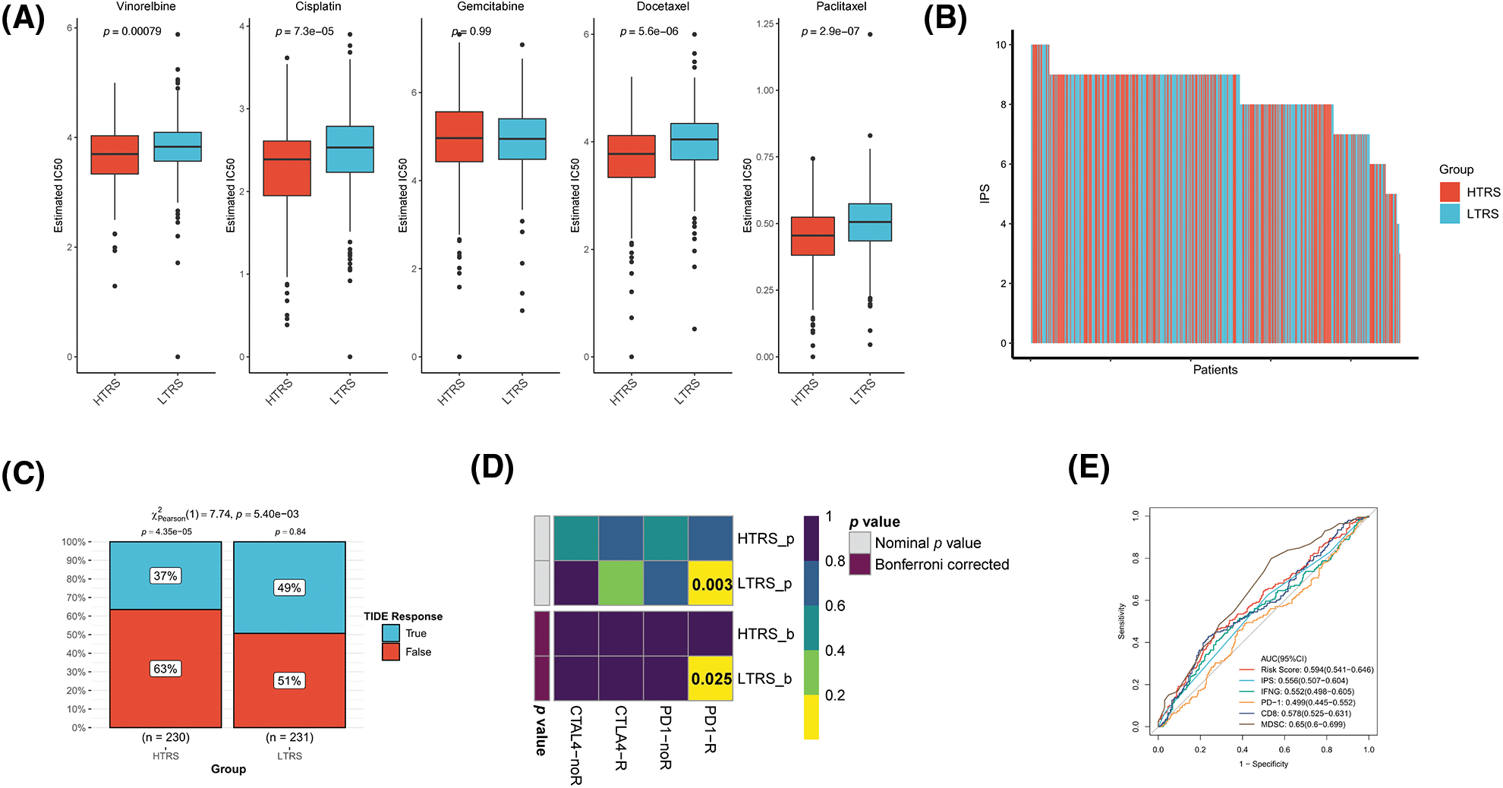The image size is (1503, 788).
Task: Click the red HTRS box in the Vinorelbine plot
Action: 115,155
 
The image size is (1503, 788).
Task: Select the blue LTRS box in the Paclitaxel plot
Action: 870,222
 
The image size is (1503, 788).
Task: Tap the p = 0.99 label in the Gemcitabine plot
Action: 471,32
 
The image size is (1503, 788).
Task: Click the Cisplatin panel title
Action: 318,7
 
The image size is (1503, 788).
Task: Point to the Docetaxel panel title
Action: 663,7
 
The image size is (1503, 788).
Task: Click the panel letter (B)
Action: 945,18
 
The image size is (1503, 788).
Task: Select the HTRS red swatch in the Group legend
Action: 1450,192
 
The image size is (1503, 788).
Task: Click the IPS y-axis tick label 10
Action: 1001,45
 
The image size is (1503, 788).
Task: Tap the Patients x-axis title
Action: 1215,370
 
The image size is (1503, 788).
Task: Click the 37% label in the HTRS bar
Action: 165,576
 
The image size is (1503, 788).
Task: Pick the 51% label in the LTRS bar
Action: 289,681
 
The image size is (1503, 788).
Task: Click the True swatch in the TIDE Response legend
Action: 391,633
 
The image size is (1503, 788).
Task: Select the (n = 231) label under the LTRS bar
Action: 289,737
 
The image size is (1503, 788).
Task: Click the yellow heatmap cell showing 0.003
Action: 711,584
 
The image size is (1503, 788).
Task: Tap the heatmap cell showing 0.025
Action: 711,679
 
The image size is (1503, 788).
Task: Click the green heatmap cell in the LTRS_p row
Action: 621,584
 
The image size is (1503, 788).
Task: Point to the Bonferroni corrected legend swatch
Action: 859,564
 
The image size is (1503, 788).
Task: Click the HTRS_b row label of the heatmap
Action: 765,634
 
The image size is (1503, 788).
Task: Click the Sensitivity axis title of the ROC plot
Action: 1121,621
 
